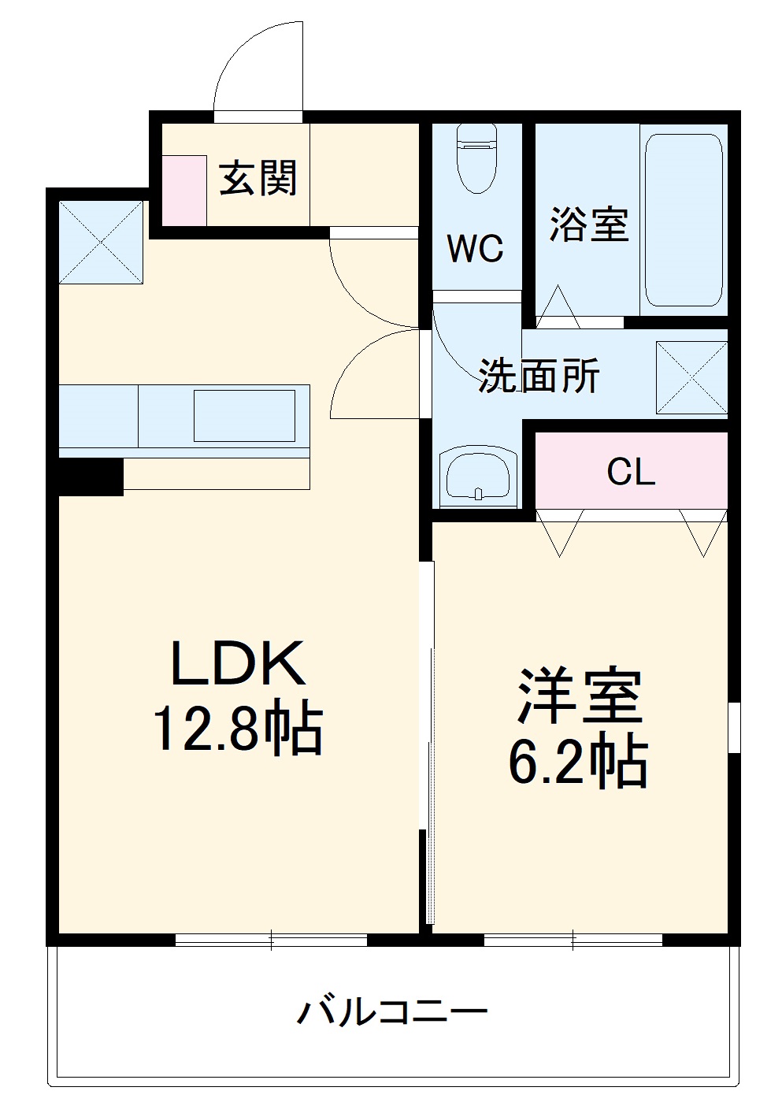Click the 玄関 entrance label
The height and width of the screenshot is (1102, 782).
click(258, 178)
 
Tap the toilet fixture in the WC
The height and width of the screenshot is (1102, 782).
click(476, 158)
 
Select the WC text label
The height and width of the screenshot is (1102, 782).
click(476, 249)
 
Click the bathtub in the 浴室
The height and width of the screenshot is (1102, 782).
click(683, 220)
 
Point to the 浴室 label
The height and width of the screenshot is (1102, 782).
click(589, 224)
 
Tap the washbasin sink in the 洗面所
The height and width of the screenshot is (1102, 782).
click(478, 477)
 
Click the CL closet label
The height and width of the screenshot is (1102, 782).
click(631, 471)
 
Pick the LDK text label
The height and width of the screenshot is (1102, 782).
click(238, 663)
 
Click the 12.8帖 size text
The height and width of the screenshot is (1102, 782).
click(238, 729)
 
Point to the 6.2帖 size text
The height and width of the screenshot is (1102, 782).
click(579, 762)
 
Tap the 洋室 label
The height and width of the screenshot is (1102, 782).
click(579, 696)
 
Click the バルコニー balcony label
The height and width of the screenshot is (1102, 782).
click(391, 1011)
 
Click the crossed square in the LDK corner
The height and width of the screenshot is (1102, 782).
click(102, 242)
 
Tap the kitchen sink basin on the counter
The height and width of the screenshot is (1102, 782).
click(244, 415)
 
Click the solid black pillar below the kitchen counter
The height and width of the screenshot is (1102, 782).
click(91, 477)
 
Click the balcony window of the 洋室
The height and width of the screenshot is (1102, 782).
click(573, 939)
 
